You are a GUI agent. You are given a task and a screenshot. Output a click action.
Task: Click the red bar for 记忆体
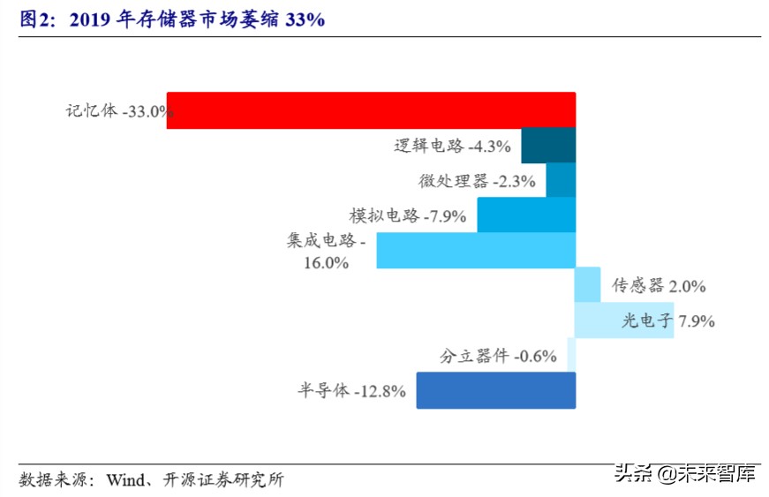pyautogui.click(x=371, y=110)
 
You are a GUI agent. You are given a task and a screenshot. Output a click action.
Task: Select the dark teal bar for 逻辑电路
pyautogui.click(x=548, y=146)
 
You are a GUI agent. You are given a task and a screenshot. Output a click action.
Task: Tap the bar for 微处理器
pyautogui.click(x=561, y=180)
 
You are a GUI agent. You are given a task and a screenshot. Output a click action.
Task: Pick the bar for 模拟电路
pyautogui.click(x=526, y=215)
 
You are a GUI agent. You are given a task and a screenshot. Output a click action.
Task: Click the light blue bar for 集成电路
pyautogui.click(x=476, y=250)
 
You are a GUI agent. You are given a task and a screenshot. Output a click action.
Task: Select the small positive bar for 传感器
pyautogui.click(x=587, y=285)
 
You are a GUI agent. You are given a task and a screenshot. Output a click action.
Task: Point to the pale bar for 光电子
pyautogui.click(x=624, y=320)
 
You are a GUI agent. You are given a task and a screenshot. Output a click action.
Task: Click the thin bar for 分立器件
pyautogui.click(x=571, y=355)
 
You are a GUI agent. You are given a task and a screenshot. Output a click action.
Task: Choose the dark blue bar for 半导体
pyautogui.click(x=495, y=390)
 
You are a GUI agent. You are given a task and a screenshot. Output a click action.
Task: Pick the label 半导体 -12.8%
pyautogui.click(x=351, y=391)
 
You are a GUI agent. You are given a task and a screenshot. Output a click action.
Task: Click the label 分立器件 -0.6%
pyautogui.click(x=498, y=356)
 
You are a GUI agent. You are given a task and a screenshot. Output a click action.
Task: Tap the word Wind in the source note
pyautogui.click(x=123, y=480)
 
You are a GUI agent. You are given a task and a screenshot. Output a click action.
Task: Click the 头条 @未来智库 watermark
pyautogui.click(x=685, y=474)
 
